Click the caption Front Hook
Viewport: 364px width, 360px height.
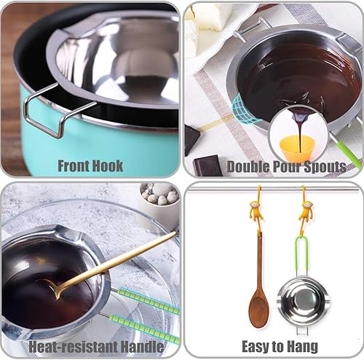90,166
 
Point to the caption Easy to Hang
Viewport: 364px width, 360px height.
273,345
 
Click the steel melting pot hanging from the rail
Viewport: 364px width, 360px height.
304,301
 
